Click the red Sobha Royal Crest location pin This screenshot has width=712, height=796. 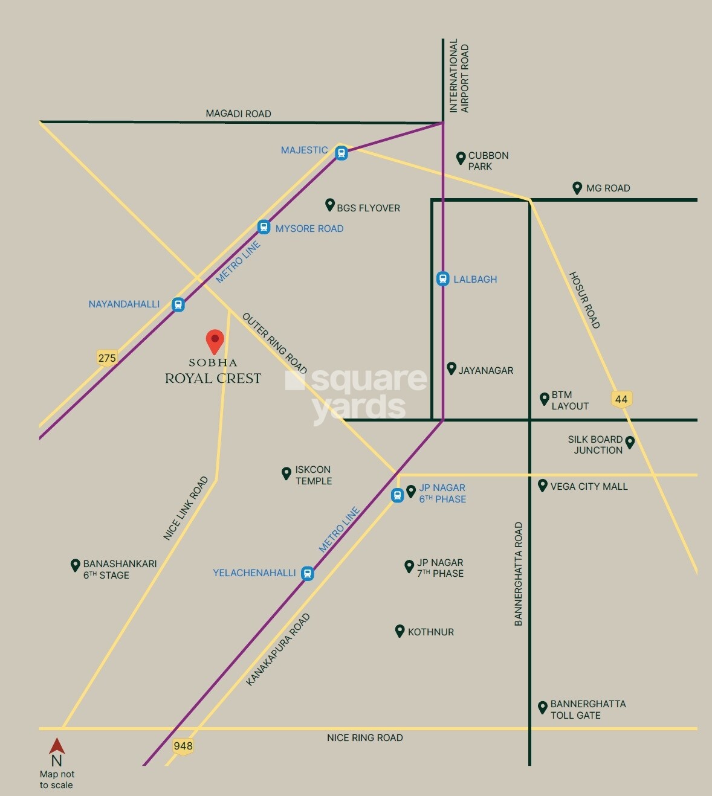215,341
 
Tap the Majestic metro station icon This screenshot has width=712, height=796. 341,153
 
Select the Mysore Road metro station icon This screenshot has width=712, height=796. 264,228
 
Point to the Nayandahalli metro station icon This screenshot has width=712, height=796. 178,304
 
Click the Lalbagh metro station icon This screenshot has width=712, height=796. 443,279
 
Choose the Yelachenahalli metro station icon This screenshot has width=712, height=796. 308,573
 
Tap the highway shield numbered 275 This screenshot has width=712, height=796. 107,358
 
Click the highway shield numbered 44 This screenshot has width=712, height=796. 621,399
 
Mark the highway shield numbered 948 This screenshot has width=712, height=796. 183,746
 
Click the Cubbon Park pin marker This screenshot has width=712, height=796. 461,158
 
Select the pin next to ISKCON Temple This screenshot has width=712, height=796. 286,473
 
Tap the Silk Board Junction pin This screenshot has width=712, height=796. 630,442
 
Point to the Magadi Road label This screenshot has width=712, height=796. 238,114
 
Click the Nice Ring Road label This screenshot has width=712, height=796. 364,737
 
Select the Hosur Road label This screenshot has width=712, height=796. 584,300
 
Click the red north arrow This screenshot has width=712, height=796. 57,746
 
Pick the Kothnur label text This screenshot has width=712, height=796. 430,632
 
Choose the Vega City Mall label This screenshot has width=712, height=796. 589,486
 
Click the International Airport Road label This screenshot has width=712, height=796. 459,76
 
